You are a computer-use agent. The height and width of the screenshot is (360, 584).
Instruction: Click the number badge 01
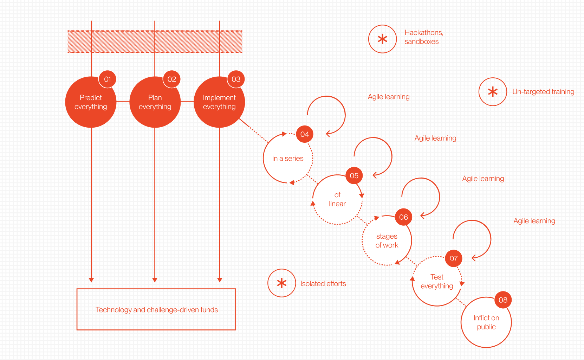[x=108, y=79]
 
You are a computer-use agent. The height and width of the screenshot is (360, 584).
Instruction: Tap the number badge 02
[x=172, y=79]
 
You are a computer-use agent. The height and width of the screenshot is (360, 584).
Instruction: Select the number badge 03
[x=236, y=79]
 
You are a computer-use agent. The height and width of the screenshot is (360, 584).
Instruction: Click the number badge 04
[x=305, y=134]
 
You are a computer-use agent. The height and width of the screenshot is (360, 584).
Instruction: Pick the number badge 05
[x=354, y=176]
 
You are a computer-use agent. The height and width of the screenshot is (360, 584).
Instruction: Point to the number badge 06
[x=403, y=217]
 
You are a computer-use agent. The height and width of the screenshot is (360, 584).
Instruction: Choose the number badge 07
[x=454, y=259]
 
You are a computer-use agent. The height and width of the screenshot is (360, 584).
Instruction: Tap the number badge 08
[x=503, y=300]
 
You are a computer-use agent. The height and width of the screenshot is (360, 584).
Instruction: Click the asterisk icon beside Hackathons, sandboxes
[x=382, y=39]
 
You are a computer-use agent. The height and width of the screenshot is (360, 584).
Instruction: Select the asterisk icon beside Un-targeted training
[x=493, y=92]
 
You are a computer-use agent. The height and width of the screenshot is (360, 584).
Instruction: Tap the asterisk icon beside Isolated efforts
[x=281, y=283]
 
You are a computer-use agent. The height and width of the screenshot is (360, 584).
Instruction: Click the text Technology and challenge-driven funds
[x=157, y=310]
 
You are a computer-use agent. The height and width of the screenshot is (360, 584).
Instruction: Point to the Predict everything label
[x=91, y=102]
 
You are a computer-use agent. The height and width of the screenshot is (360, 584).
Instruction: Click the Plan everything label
[x=155, y=102]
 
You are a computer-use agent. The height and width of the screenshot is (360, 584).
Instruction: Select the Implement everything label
[x=219, y=102]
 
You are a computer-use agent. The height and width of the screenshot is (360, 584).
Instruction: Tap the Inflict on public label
[x=486, y=322]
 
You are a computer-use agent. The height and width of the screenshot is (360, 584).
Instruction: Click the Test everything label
[x=437, y=282]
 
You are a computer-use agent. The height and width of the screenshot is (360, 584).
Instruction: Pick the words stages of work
[x=387, y=240]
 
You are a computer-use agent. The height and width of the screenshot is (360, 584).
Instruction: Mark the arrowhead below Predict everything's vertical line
[x=91, y=280]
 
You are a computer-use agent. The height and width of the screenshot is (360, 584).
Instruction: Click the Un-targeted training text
[x=543, y=92]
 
